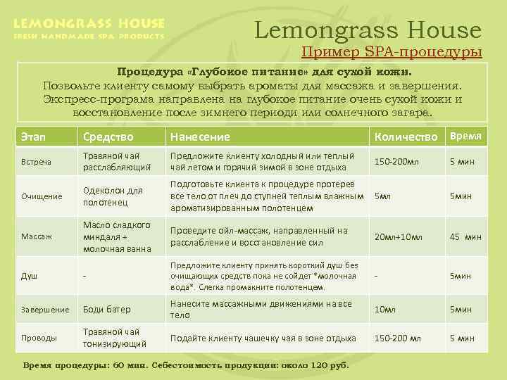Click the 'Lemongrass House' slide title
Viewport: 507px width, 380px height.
pos(368,30)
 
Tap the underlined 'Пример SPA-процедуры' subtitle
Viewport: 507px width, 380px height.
pos(392,52)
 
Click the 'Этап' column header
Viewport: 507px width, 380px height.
pos(34,137)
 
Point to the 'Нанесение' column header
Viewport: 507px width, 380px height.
pos(201,137)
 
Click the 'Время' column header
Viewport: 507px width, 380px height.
pos(466,136)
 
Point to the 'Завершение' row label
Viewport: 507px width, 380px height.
pos(44,309)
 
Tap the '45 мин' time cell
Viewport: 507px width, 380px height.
pos(465,236)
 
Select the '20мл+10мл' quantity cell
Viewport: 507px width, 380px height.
pos(398,236)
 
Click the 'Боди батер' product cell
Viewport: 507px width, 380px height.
pos(107,309)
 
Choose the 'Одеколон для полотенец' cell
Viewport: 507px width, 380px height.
pos(113,196)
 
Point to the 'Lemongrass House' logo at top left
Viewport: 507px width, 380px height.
pos(89,29)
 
